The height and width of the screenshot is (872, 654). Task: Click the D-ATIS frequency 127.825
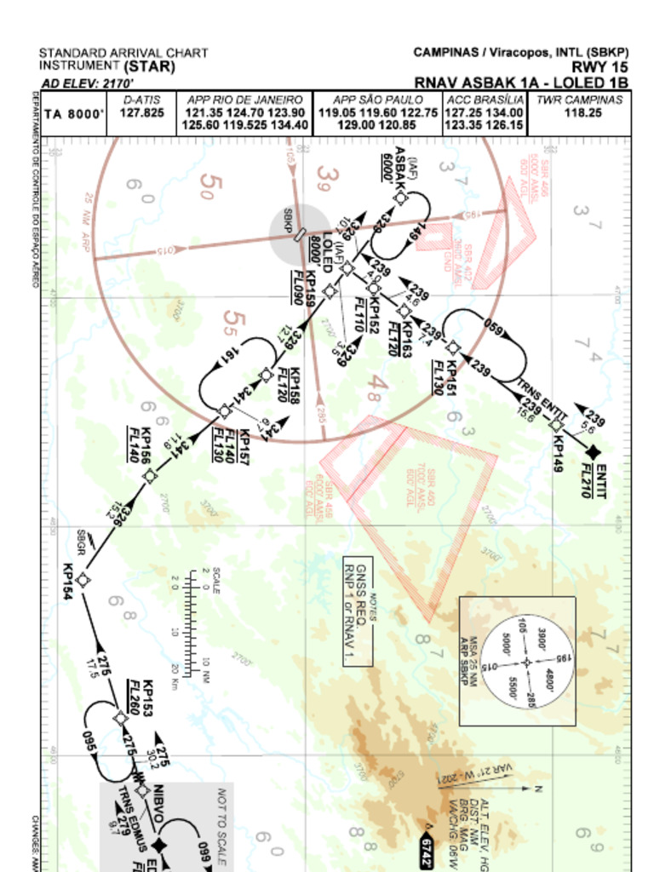point(141,112)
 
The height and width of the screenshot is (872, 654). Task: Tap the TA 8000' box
point(74,114)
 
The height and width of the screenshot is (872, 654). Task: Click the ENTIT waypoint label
point(601,481)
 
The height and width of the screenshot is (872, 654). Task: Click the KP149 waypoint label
point(559,456)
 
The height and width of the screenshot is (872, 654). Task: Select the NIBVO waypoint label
point(158,803)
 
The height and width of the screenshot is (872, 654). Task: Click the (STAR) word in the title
point(149,66)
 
